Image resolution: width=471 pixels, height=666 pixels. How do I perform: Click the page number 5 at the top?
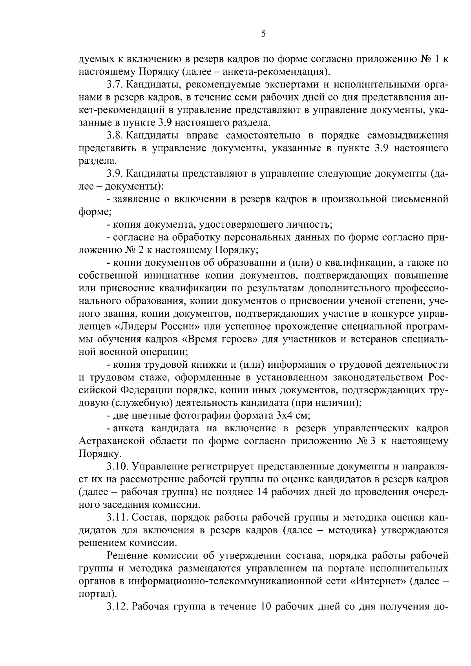tap(263, 34)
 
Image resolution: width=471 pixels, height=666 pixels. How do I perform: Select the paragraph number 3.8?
tap(114, 136)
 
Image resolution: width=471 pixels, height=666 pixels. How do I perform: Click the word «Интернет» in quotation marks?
tap(378, 581)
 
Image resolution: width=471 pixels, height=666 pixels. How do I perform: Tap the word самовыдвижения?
tap(408, 136)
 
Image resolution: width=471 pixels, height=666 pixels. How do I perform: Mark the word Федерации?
tap(144, 390)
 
